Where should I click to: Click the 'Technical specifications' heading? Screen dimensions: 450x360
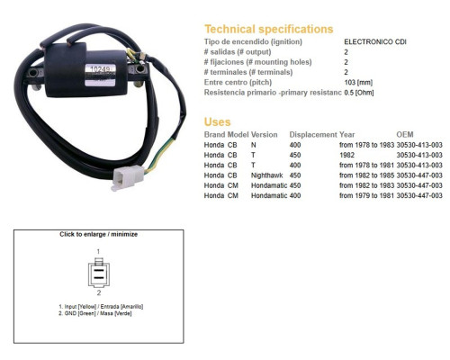268,29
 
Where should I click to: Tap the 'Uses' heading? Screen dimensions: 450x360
217,121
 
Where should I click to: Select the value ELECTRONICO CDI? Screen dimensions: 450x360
375,41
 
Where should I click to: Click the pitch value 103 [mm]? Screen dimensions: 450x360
358,82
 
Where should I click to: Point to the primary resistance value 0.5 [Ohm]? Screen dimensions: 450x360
359,93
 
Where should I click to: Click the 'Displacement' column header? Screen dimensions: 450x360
313,135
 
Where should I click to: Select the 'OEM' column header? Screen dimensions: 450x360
405,134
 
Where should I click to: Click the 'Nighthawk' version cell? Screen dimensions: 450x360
266,175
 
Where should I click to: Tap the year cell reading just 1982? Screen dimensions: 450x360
346,155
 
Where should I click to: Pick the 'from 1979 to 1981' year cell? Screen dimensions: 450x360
366,195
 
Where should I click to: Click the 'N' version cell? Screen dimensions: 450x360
254,145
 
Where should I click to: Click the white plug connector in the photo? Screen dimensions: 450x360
128,178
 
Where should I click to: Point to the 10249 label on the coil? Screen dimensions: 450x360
100,69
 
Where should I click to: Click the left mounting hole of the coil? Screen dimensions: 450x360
32,73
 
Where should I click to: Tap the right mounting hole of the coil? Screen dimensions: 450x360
139,69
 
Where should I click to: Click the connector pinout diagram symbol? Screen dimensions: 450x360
99,273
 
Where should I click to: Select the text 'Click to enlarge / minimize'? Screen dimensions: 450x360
98,234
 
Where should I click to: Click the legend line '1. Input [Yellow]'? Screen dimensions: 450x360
101,307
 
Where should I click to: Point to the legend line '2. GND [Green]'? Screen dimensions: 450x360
95,313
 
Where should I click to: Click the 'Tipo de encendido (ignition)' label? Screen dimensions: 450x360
253,41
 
